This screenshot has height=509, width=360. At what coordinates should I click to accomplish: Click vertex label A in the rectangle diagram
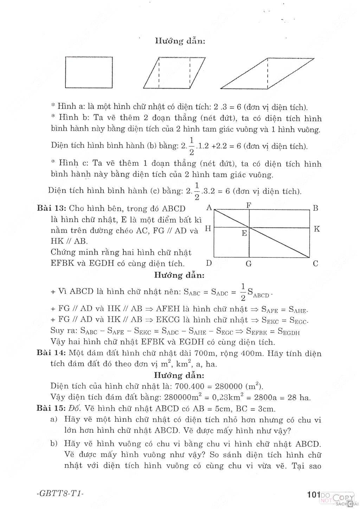pyautogui.click(x=209, y=207)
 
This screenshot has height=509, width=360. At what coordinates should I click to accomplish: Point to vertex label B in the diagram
pyautogui.click(x=315, y=208)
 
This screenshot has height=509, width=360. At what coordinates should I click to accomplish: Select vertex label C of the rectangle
pyautogui.click(x=315, y=263)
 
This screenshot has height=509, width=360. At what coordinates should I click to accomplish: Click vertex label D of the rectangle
pyautogui.click(x=209, y=263)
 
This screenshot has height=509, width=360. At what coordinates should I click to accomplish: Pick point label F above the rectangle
pyautogui.click(x=249, y=205)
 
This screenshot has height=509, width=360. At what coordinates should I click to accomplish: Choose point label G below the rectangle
pyautogui.click(x=249, y=264)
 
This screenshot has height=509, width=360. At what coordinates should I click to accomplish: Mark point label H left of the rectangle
pyautogui.click(x=208, y=228)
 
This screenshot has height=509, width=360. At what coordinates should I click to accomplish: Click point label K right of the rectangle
pyautogui.click(x=316, y=229)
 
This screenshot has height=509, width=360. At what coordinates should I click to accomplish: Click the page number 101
pyautogui.click(x=312, y=495)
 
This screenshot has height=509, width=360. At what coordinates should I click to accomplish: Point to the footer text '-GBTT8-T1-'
pyautogui.click(x=60, y=494)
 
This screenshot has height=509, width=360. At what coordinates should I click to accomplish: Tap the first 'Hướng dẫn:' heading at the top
pyautogui.click(x=180, y=41)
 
